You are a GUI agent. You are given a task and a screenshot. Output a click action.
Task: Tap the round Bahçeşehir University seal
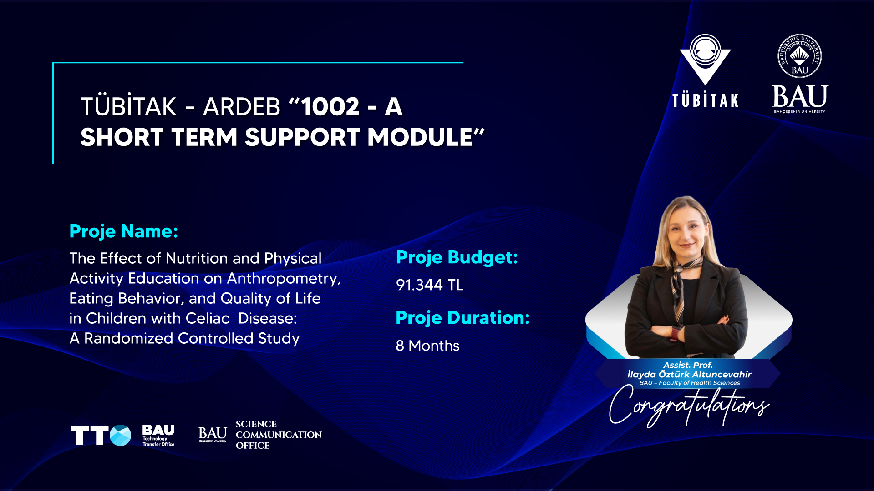800,56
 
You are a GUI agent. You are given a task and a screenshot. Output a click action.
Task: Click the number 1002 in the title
330,107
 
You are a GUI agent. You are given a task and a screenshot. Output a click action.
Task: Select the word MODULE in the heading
420,137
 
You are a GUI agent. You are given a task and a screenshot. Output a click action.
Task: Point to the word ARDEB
242,107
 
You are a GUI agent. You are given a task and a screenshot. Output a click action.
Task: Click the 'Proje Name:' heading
124,231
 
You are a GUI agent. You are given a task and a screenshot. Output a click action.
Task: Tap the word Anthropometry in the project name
284,279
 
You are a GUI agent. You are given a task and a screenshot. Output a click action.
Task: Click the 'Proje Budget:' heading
457,258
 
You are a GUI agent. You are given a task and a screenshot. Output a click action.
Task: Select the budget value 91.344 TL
430,285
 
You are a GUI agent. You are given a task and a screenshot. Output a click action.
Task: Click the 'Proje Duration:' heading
463,318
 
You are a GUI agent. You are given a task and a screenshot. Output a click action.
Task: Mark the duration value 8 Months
427,346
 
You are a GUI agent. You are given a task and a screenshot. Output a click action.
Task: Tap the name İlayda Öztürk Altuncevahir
689,374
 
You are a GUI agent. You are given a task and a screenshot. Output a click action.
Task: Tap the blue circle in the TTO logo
120,436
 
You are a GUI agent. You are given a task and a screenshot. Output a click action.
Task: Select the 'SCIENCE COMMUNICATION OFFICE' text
279,435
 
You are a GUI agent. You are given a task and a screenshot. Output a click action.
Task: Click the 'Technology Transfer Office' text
158,441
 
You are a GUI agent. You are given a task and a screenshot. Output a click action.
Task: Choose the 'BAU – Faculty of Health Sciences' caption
689,383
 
